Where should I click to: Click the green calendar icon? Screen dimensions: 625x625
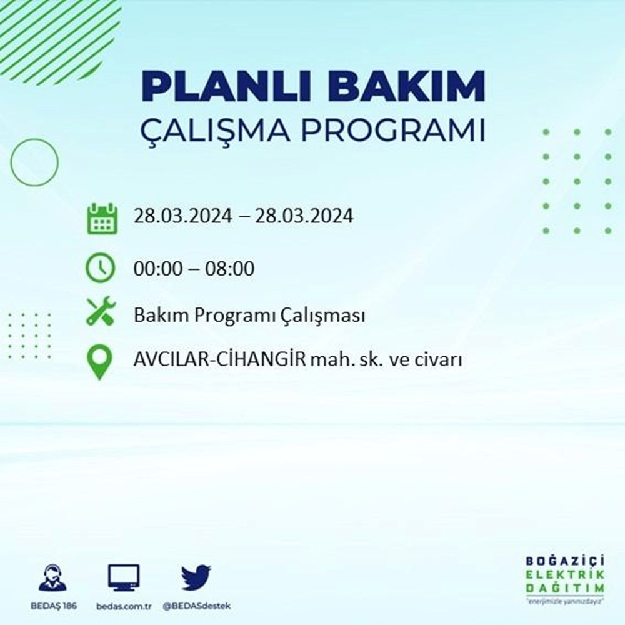pyautogui.click(x=101, y=218)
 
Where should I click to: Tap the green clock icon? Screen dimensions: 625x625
pyautogui.click(x=101, y=269)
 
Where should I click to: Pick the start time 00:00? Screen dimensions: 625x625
pyautogui.click(x=156, y=269)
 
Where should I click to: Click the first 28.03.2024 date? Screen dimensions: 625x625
pyautogui.click(x=182, y=217)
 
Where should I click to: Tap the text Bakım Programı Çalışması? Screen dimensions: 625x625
pyautogui.click(x=249, y=316)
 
